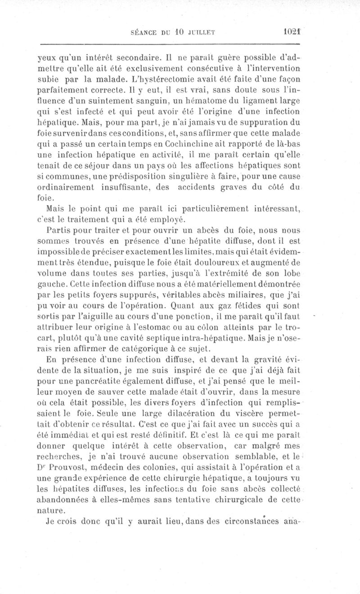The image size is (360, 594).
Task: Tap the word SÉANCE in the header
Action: (x=144, y=33)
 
